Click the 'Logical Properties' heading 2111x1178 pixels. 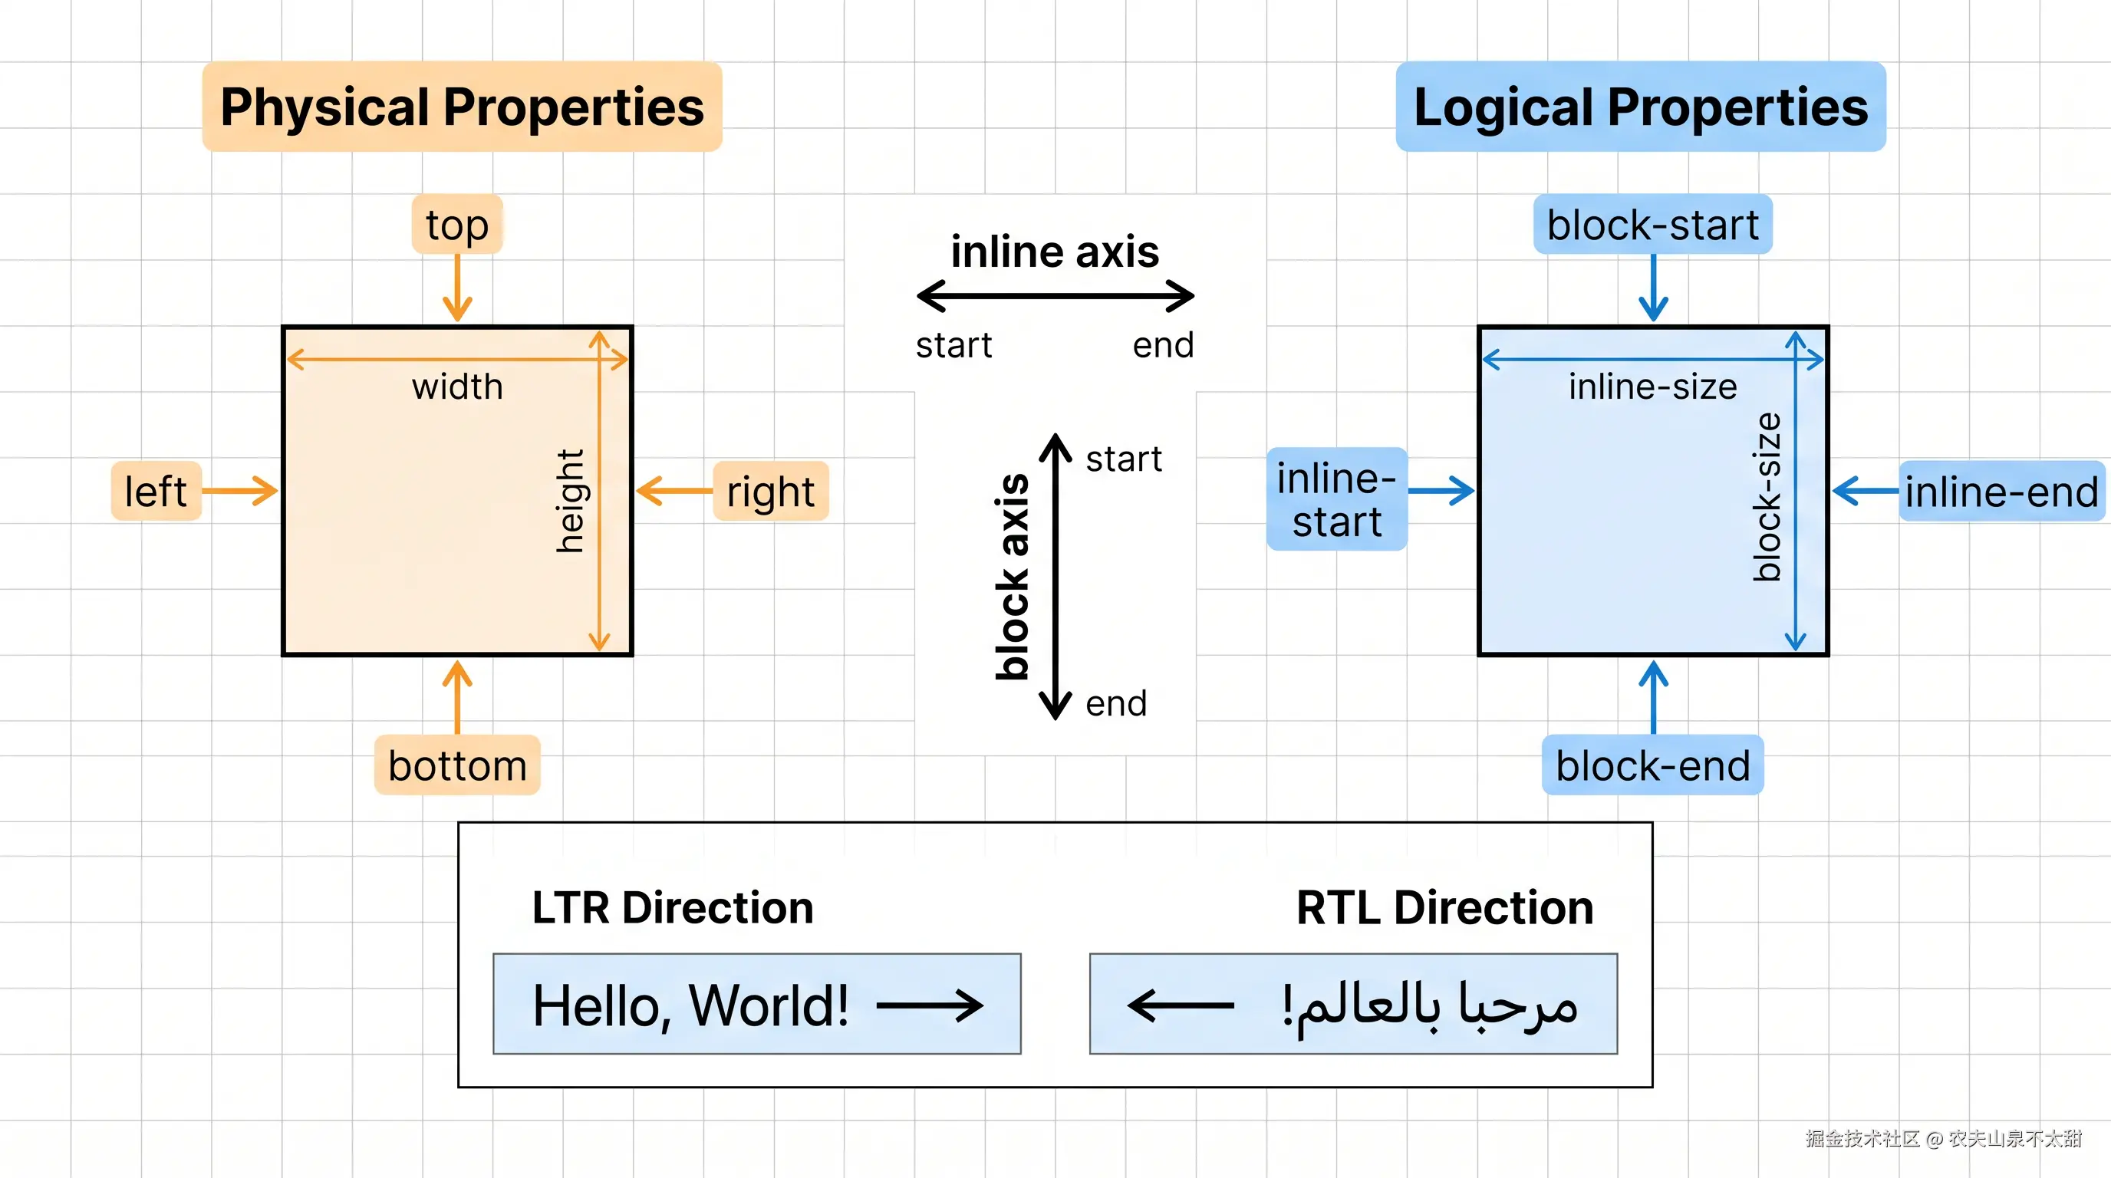pyautogui.click(x=1640, y=107)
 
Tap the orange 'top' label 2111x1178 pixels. pyautogui.click(x=456, y=225)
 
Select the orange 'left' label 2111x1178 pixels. pyautogui.click(x=156, y=491)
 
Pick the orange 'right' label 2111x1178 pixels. pyautogui.click(x=770, y=492)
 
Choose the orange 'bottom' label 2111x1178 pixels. pyautogui.click(x=456, y=765)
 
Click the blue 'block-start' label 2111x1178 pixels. pyautogui.click(x=1652, y=225)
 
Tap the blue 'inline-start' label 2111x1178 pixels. pyautogui.click(x=1336, y=499)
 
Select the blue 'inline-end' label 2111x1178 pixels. pyautogui.click(x=2001, y=492)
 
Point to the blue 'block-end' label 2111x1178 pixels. pyautogui.click(x=1652, y=765)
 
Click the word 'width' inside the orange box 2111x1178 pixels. pyautogui.click(x=457, y=387)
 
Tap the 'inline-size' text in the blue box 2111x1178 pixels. pyautogui.click(x=1652, y=387)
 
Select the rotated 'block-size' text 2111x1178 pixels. pyautogui.click(x=1767, y=497)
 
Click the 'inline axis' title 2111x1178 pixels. pyautogui.click(x=1055, y=251)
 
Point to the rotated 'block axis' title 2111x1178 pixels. pyautogui.click(x=1012, y=577)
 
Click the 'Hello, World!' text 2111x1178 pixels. pyautogui.click(x=690, y=1005)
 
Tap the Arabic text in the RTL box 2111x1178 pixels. pyautogui.click(x=1430, y=1005)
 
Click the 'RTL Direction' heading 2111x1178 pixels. pyautogui.click(x=1444, y=908)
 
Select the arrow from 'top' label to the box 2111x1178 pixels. pyautogui.click(x=457, y=288)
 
